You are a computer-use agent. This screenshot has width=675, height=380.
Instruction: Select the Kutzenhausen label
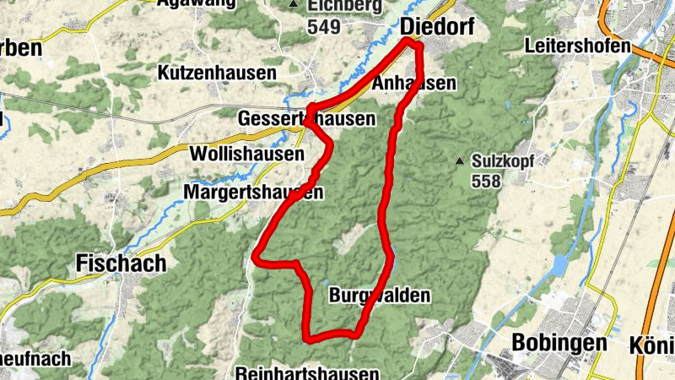coord(217,73)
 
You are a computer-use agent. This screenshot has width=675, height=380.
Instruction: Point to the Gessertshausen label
coord(307,119)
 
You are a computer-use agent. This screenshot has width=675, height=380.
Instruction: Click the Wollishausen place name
coord(247,155)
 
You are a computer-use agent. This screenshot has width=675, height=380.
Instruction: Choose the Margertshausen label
coord(253,193)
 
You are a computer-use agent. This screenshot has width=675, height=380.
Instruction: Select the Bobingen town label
coord(559,343)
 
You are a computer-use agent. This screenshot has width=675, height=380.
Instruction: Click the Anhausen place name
coord(413,83)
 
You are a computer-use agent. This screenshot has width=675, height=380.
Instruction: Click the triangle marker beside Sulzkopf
coord(460,160)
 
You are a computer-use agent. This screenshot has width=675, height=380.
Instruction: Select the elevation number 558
coord(487,181)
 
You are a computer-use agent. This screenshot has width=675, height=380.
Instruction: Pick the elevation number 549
coord(324,27)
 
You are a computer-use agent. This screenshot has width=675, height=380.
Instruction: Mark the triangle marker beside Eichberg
coord(294,5)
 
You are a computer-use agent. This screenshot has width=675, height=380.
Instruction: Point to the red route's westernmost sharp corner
coord(256,254)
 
